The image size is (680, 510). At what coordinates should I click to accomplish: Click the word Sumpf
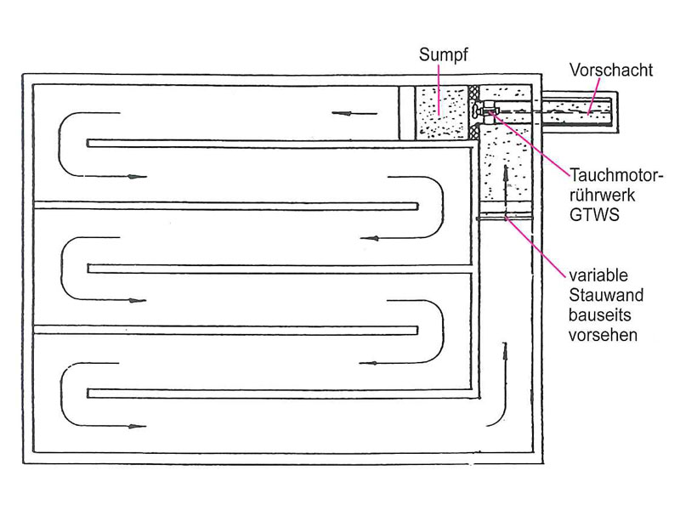[443, 55]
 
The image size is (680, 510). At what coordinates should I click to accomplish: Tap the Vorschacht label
[610, 71]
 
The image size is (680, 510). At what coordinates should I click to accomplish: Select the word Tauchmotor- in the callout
[616, 176]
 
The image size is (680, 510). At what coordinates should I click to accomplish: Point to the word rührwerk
[602, 195]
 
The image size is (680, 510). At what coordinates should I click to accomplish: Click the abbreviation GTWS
[594, 215]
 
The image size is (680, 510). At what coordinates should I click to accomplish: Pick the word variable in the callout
[598, 275]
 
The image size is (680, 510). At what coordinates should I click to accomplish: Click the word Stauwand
[606, 295]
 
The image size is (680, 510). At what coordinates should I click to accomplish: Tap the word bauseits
[600, 315]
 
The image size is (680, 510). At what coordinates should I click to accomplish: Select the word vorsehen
[603, 335]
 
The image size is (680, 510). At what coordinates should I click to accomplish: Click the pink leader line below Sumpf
[439, 90]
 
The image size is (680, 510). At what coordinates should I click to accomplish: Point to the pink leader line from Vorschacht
[593, 97]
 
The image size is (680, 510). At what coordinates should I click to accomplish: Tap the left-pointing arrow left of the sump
[354, 114]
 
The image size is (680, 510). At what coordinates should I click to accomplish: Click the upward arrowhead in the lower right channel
[504, 349]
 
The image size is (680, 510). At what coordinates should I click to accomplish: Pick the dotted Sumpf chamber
[441, 113]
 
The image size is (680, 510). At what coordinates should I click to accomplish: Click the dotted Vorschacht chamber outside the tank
[577, 112]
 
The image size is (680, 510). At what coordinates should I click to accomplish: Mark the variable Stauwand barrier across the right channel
[505, 216]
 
